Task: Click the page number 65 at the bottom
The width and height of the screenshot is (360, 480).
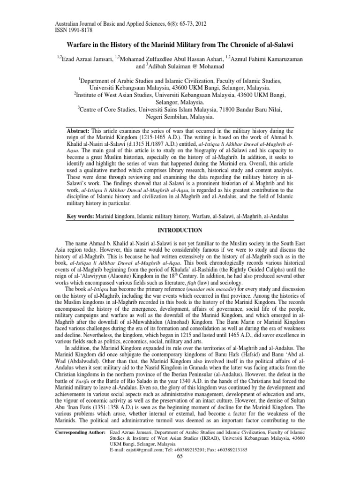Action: [x=180, y=456]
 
